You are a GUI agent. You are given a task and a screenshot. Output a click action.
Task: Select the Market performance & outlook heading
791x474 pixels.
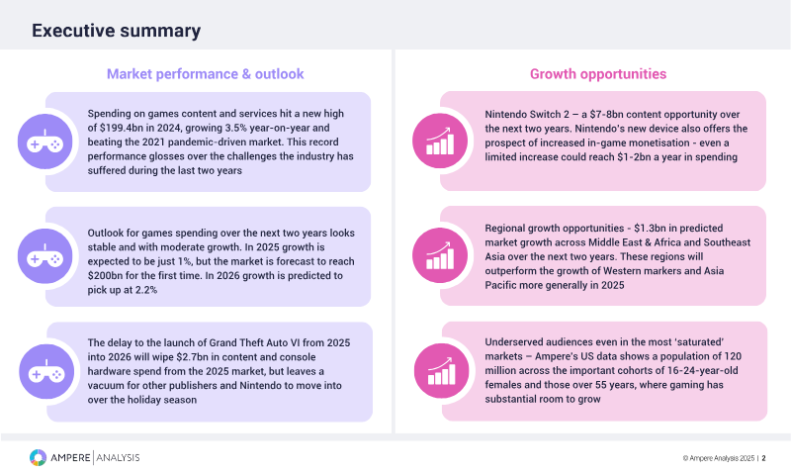(x=205, y=73)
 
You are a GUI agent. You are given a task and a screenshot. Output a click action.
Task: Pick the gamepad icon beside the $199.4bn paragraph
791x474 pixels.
(x=44, y=142)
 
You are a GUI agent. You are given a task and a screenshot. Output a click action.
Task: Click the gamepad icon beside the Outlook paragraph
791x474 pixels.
(x=44, y=256)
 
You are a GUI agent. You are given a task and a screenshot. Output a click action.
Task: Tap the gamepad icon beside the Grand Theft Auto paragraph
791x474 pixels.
(x=44, y=371)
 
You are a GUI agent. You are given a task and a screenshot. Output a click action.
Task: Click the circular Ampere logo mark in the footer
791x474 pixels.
(x=38, y=457)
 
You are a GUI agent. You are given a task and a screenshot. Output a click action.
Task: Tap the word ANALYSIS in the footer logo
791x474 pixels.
(x=117, y=457)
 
